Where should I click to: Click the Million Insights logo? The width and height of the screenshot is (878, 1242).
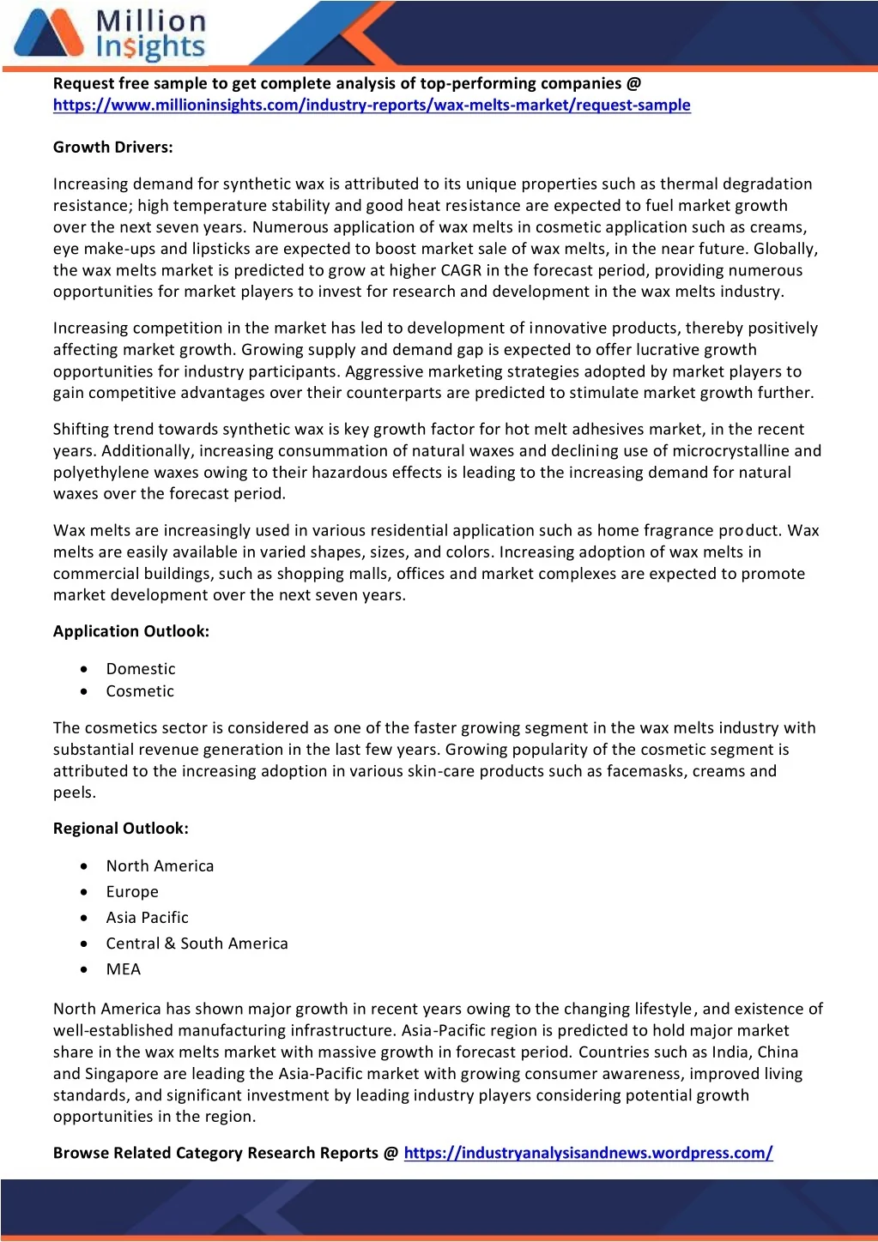pyautogui.click(x=110, y=34)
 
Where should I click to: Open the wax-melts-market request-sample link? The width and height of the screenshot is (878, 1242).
pyautogui.click(x=372, y=106)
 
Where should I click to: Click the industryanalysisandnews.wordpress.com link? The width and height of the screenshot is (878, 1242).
pyautogui.click(x=588, y=1153)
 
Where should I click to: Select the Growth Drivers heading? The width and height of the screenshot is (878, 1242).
pyautogui.click(x=113, y=148)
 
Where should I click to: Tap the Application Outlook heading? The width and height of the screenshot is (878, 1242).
pyautogui.click(x=131, y=631)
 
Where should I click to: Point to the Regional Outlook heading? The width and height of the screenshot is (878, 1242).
pyautogui.click(x=121, y=829)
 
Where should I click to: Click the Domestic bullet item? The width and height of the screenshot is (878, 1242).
pyautogui.click(x=141, y=669)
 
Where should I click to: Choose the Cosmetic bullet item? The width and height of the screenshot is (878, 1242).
pyautogui.click(x=140, y=691)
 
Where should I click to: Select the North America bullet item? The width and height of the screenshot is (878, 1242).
pyautogui.click(x=160, y=866)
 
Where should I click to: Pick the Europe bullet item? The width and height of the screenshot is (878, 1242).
pyautogui.click(x=132, y=892)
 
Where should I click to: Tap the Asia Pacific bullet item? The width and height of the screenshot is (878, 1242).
pyautogui.click(x=147, y=918)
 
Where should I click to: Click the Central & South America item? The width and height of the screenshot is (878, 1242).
pyautogui.click(x=197, y=944)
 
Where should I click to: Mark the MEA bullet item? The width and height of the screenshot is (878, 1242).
pyautogui.click(x=124, y=969)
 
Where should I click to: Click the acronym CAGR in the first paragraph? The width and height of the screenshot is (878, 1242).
pyautogui.click(x=461, y=270)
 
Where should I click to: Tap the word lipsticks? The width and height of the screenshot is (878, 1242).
pyautogui.click(x=237, y=249)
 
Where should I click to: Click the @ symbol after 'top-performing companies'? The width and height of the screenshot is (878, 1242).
pyautogui.click(x=633, y=83)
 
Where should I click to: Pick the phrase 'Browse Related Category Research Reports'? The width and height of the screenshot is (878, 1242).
pyautogui.click(x=215, y=1153)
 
